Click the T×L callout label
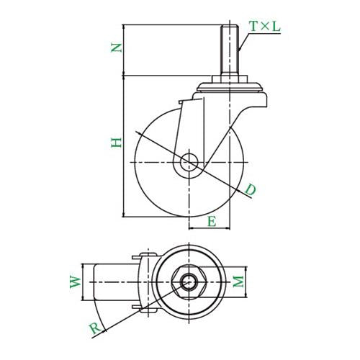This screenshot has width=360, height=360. (265, 27)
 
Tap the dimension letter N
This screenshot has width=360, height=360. (116, 48)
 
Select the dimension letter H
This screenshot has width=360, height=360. (117, 143)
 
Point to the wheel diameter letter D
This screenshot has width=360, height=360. (251, 189)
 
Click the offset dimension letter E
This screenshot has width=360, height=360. (212, 221)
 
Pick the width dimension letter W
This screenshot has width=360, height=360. (76, 282)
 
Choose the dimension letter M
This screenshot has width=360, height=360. (238, 282)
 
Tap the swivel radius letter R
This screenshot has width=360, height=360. (96, 328)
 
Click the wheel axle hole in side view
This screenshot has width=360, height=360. (189, 163)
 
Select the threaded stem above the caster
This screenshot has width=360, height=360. (230, 50)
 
